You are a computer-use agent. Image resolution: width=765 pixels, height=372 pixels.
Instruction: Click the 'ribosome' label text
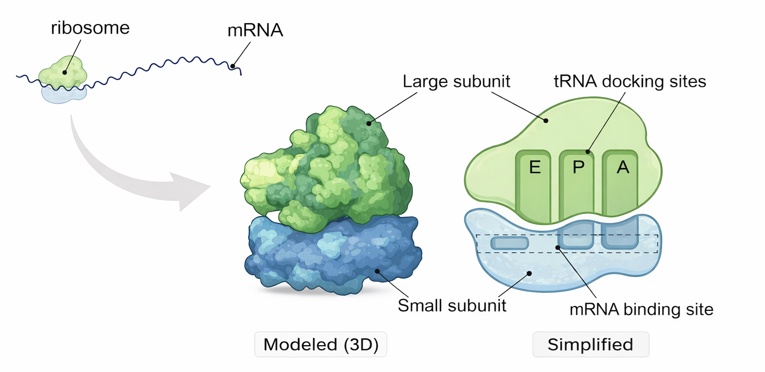pyautogui.click(x=90, y=27)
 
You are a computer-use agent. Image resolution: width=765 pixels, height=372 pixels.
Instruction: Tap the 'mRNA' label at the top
pyautogui.click(x=255, y=31)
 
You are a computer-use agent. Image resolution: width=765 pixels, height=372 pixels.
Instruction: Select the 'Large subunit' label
pyautogui.click(x=456, y=82)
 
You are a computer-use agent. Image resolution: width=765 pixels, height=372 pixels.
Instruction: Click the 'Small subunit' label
pyautogui.click(x=452, y=305)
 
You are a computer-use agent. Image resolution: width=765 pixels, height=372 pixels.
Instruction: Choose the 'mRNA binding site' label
pyautogui.click(x=641, y=310)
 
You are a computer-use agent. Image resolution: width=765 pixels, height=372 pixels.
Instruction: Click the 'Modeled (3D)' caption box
pyautogui.click(x=321, y=345)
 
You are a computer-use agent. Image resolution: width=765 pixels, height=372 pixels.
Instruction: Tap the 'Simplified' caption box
pyautogui.click(x=590, y=345)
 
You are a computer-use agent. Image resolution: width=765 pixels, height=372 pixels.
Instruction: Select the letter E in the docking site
pyautogui.click(x=535, y=168)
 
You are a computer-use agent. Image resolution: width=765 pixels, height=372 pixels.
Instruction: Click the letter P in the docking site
pyautogui.click(x=578, y=168)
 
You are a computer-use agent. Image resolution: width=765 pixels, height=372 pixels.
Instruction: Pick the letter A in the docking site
pyautogui.click(x=622, y=168)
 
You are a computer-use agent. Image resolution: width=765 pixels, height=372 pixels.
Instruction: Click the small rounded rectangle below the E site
pyautogui.click(x=509, y=243)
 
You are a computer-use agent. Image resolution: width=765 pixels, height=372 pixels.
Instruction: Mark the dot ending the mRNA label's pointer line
pyautogui.click(x=234, y=66)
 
